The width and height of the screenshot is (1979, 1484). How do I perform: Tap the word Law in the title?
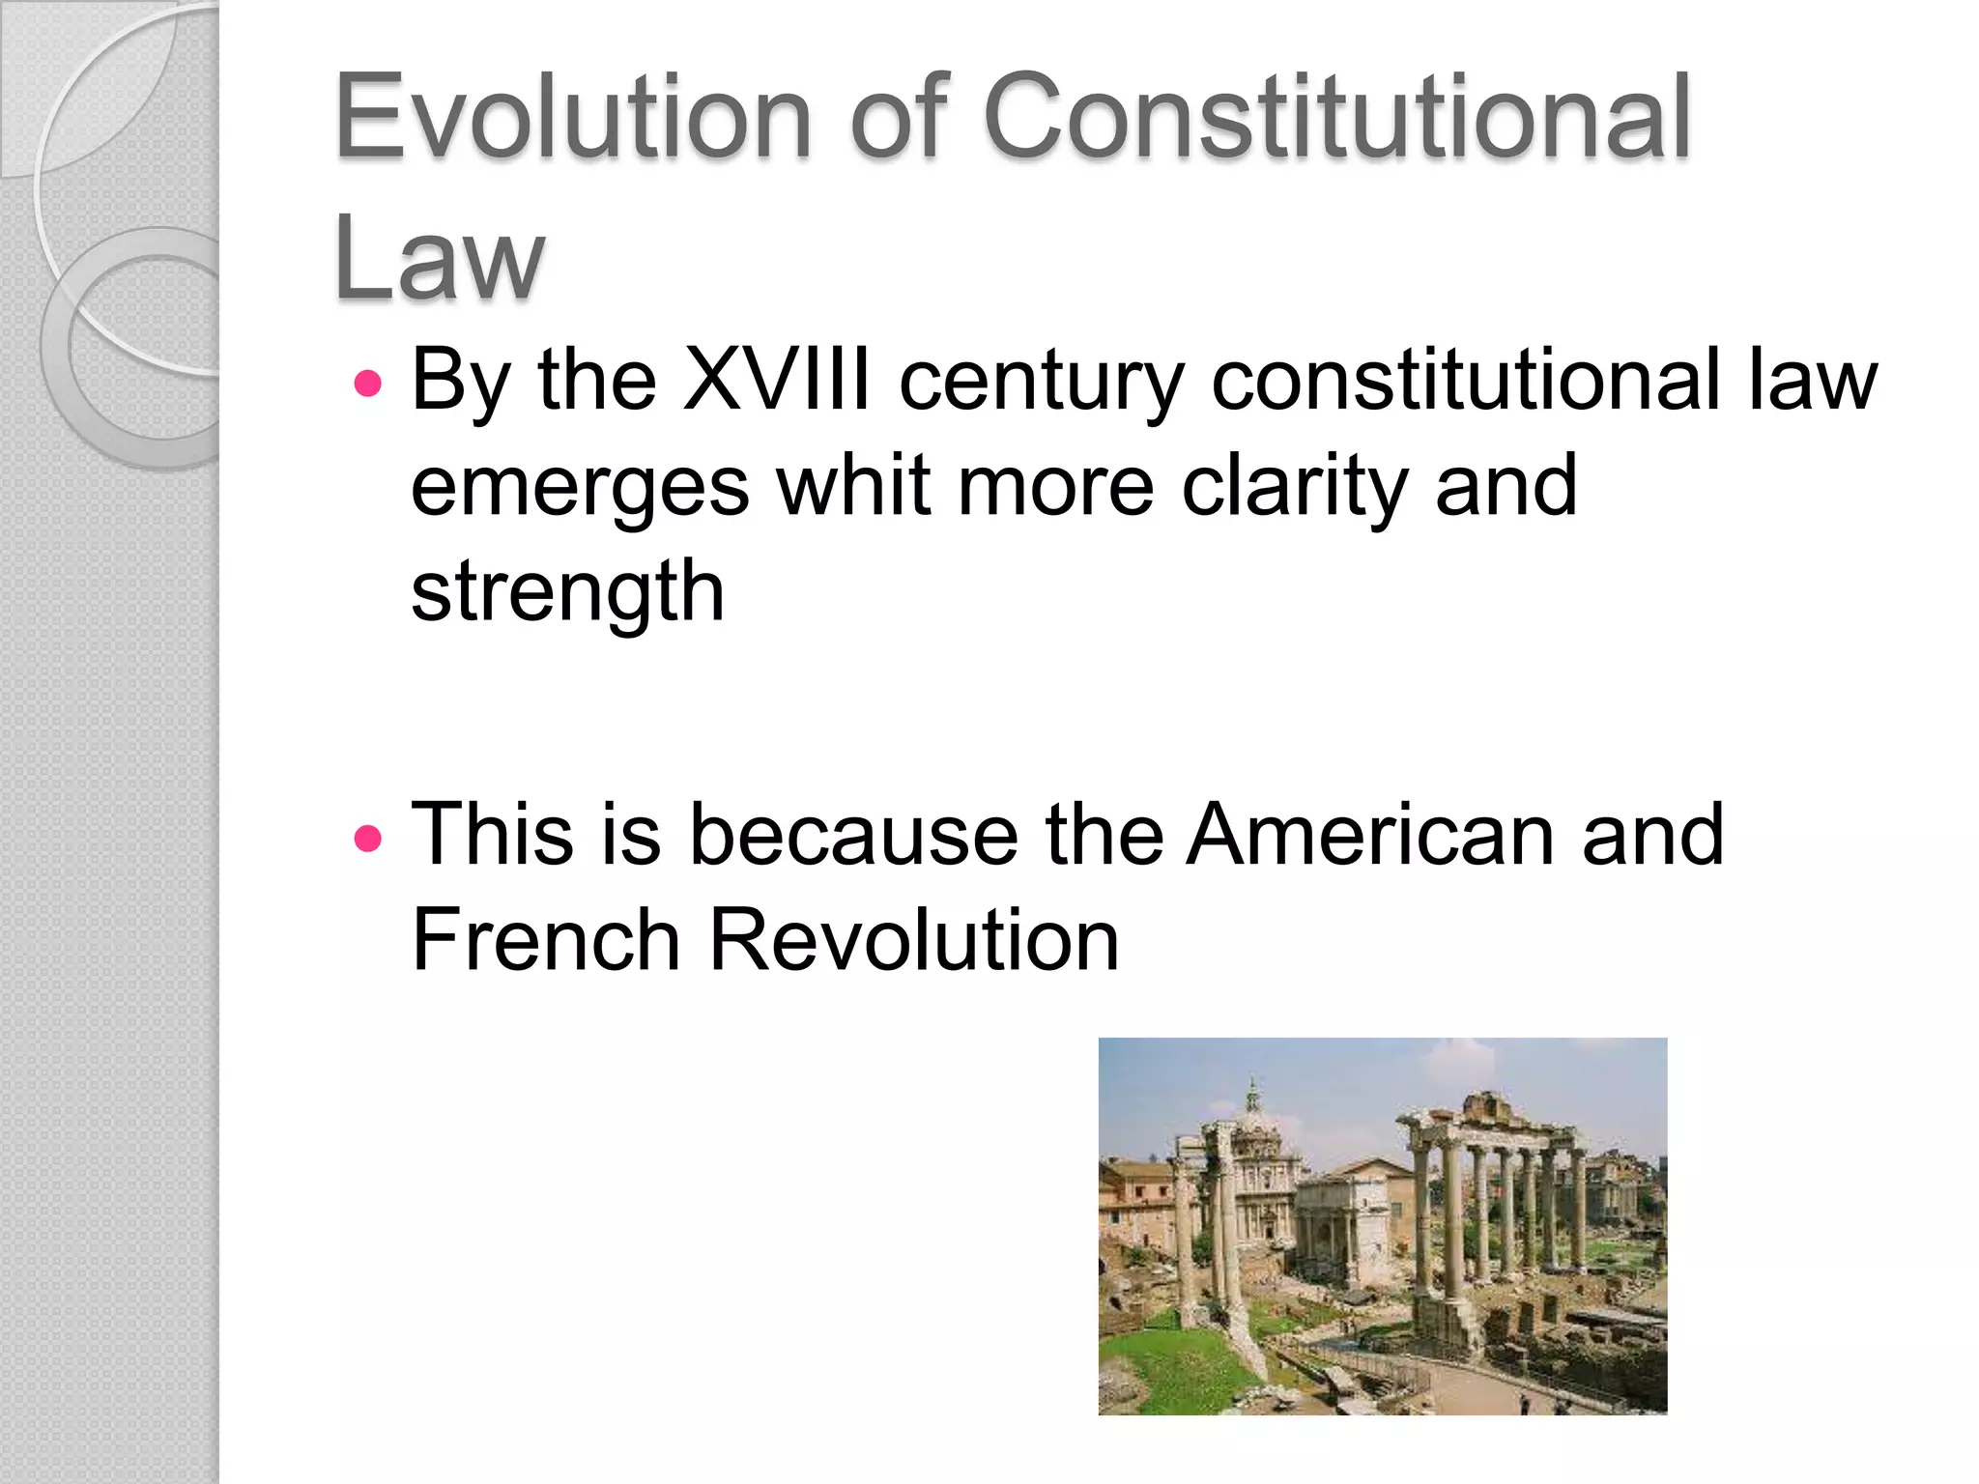(x=440, y=257)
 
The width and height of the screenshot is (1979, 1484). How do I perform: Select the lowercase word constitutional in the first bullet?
(x=1465, y=380)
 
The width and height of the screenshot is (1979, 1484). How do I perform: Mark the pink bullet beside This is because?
(x=368, y=837)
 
